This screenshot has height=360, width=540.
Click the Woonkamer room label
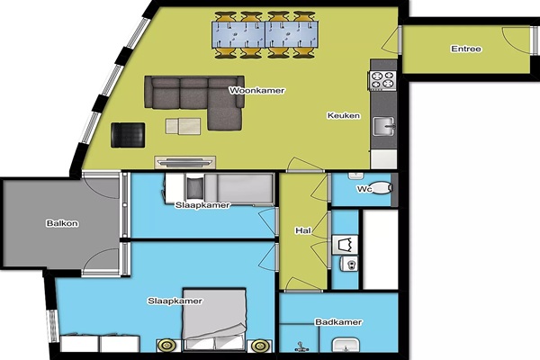click(x=256, y=91)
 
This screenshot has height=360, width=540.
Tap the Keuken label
click(x=344, y=115)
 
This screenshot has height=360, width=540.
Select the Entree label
click(x=466, y=49)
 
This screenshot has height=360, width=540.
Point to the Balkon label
click(x=62, y=223)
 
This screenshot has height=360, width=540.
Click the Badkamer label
click(x=338, y=322)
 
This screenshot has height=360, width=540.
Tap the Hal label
click(x=303, y=230)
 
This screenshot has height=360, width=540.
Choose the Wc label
click(x=364, y=189)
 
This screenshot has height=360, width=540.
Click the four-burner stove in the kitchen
click(x=382, y=79)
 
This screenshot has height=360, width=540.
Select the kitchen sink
click(x=384, y=126)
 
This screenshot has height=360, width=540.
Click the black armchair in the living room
click(x=128, y=135)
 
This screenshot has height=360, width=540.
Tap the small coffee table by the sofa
click(x=183, y=126)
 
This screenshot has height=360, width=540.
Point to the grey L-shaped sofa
click(x=206, y=97)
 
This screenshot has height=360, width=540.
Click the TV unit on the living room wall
click(x=184, y=162)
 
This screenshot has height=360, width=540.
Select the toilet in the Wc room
click(x=382, y=188)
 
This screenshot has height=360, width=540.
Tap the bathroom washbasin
click(x=346, y=346)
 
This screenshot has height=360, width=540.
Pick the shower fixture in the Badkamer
click(x=301, y=346)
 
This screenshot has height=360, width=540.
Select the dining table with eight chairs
click(x=265, y=34)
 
